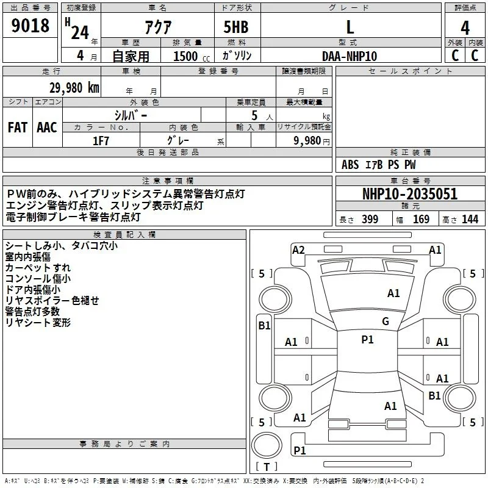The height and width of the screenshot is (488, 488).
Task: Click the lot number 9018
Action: [x=30, y=26]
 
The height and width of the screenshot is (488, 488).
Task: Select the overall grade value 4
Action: [x=465, y=28]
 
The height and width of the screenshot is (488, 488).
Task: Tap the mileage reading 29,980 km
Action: [x=74, y=88]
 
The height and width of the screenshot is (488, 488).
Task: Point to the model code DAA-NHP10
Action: [x=350, y=56]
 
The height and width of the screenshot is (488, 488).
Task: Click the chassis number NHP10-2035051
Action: [x=410, y=194]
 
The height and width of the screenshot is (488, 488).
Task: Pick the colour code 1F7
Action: [x=101, y=141]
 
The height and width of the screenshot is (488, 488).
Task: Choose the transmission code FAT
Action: [x=18, y=127]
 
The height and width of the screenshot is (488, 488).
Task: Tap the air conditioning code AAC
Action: [x=47, y=127]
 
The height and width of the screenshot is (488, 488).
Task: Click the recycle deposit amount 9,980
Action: [x=307, y=141]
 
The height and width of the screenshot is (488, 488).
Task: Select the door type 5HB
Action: [x=236, y=27]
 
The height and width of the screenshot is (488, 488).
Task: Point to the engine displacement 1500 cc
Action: [x=192, y=56]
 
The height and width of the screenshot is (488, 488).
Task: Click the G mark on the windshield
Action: [x=386, y=321]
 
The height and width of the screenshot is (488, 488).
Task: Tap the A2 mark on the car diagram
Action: [x=298, y=250]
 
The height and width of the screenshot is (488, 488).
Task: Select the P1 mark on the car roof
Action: [x=367, y=340]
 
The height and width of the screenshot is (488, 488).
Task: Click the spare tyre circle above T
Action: [x=267, y=445]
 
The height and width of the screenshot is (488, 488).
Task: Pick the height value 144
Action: [x=470, y=219]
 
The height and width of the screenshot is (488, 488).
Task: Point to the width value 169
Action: [x=421, y=219]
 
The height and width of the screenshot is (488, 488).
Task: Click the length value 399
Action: [x=370, y=219]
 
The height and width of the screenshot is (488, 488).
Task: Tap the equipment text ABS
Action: [x=350, y=165]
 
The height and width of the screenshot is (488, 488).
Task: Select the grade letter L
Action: [x=350, y=27]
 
